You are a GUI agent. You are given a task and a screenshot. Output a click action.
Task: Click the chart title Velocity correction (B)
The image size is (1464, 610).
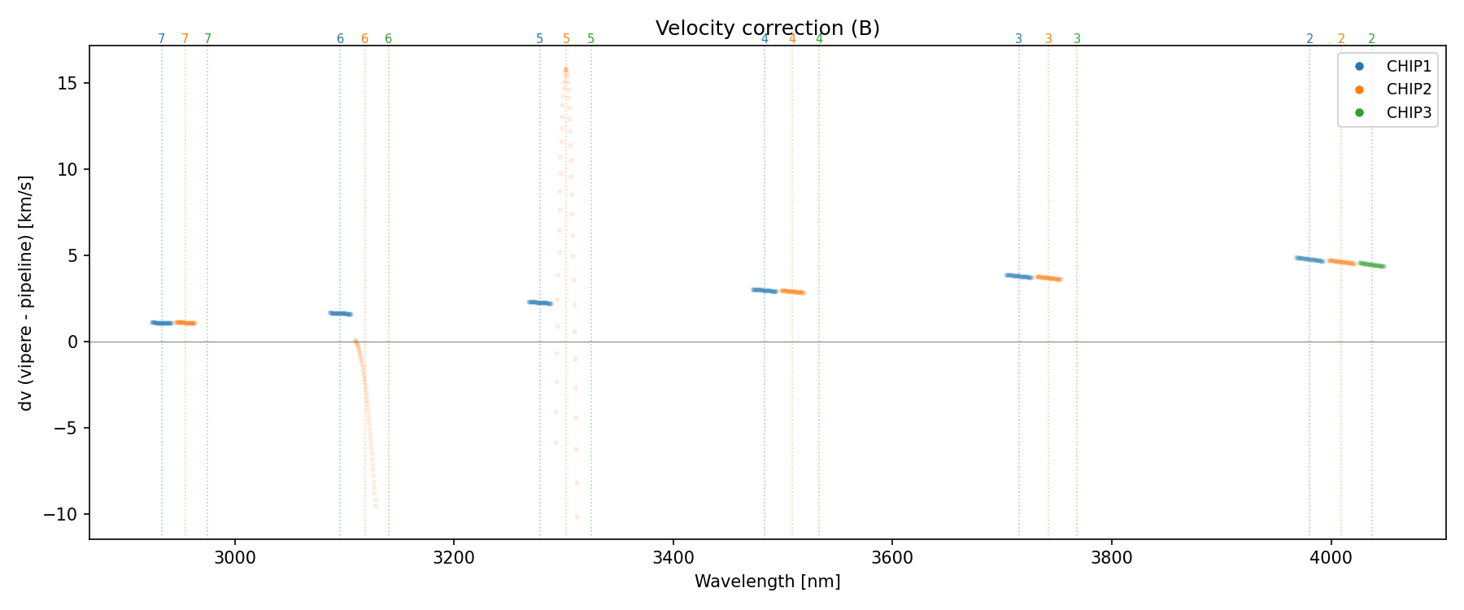point(767,28)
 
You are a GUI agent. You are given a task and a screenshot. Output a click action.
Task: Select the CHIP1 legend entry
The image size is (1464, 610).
point(1408,67)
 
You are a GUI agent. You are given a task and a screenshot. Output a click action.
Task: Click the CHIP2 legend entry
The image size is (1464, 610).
point(1408,89)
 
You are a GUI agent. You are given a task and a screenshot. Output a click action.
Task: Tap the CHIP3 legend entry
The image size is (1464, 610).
point(1408,113)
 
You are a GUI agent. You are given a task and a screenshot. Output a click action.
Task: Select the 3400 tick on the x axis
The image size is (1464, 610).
point(673,559)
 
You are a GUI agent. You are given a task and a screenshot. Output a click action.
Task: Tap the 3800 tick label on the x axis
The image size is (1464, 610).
point(1111,559)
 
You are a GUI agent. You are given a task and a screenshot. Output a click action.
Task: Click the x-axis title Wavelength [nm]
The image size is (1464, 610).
point(767,582)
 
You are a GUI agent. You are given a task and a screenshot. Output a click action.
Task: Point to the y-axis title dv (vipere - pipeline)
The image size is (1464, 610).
point(26,293)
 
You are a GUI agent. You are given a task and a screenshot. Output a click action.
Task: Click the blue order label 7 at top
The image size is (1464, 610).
point(161,39)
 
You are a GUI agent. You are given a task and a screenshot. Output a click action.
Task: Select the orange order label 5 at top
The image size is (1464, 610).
point(566,39)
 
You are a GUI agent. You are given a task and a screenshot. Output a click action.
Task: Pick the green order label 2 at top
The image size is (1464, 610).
point(1371,39)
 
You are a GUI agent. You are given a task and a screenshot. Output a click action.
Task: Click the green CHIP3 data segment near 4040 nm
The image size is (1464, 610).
point(1371,264)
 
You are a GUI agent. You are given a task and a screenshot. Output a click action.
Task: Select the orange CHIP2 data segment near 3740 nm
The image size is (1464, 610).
point(1048,278)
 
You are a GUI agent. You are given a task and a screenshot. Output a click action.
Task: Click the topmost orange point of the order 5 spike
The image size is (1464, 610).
point(565,70)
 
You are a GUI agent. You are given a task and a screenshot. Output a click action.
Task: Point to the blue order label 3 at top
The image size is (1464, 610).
point(1018,39)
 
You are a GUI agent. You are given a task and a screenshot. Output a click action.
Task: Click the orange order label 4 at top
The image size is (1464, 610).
point(792,39)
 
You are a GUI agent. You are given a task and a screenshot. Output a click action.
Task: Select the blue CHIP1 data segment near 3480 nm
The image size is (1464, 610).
point(765,290)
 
